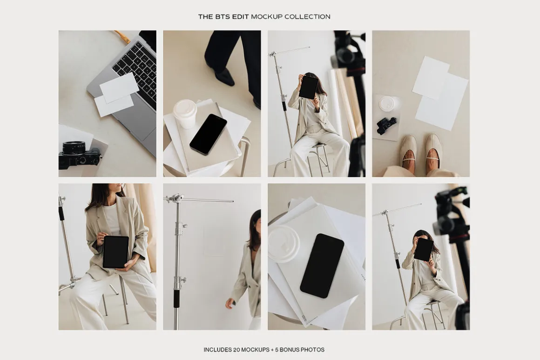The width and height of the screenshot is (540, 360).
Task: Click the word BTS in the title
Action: click(x=223, y=17)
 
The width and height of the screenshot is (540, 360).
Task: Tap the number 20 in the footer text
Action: click(x=236, y=350)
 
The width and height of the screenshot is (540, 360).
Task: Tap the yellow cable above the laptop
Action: click(x=122, y=36)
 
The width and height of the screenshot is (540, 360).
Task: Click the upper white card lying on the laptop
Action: click(x=119, y=88)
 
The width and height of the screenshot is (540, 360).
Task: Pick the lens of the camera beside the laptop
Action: click(x=74, y=147)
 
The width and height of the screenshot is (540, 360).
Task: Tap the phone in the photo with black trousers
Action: click(x=209, y=134)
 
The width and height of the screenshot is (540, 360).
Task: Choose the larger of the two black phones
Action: click(x=322, y=266)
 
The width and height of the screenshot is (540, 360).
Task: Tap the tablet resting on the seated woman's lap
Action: click(x=116, y=252)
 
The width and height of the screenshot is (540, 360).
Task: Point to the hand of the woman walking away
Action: click(x=229, y=304)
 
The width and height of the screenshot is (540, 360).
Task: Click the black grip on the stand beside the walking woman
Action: click(x=176, y=298)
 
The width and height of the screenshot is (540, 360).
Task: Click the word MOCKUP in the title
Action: click(x=267, y=17)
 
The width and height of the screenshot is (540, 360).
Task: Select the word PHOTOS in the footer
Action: click(x=313, y=350)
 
